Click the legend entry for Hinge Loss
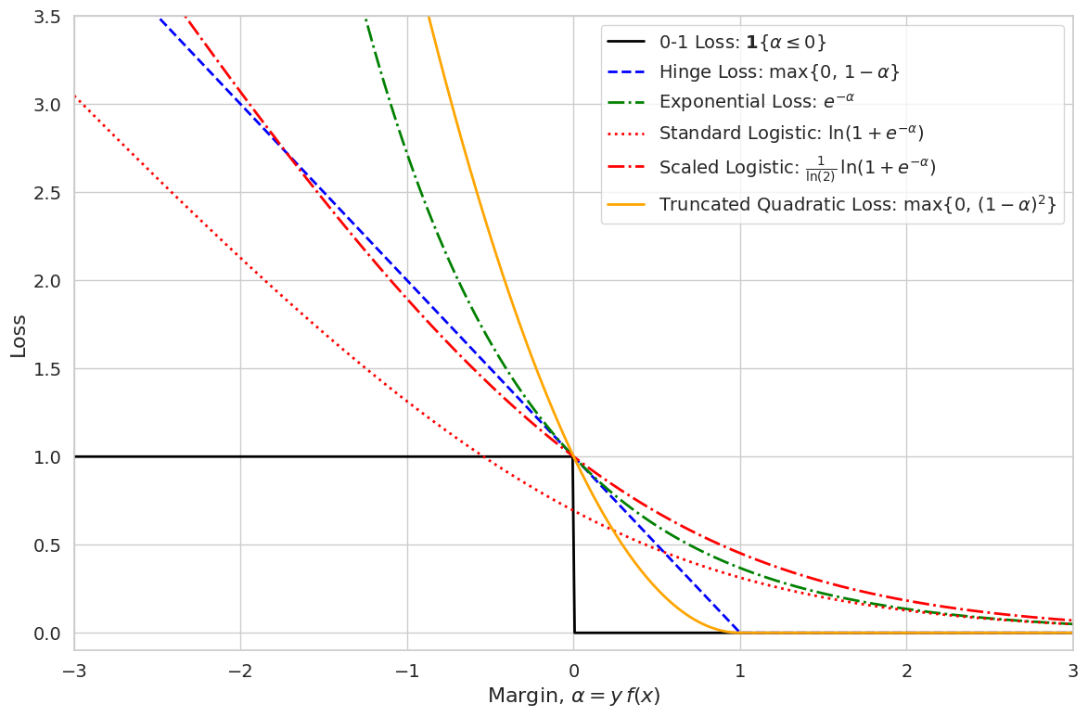(779, 71)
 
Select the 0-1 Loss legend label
(742, 42)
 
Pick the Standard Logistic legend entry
(791, 133)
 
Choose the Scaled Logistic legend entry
(797, 167)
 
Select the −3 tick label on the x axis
(74, 671)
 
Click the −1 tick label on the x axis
(407, 671)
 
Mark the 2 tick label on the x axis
(906, 671)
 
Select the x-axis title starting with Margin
(573, 696)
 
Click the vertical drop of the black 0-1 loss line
(574, 547)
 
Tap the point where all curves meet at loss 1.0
(573, 456)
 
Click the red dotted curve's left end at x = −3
(75, 96)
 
